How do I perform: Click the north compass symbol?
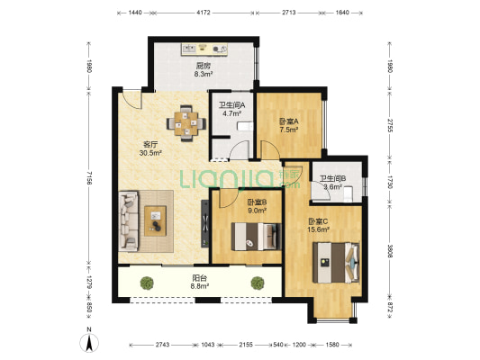(89, 343)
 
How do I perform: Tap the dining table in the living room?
(186, 123)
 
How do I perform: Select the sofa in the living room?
(128, 221)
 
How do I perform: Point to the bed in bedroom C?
(336, 263)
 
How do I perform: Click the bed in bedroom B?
(256, 237)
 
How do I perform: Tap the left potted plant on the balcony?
(147, 283)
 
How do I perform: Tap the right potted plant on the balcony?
(258, 283)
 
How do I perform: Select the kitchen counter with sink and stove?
(204, 49)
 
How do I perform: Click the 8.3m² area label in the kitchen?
(204, 74)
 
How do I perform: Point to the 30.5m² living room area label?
(150, 153)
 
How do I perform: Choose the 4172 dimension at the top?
(204, 13)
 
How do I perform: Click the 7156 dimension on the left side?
(89, 177)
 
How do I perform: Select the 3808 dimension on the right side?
(389, 251)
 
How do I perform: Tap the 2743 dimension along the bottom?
(162, 345)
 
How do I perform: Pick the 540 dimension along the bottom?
(277, 345)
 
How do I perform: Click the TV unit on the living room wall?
(205, 223)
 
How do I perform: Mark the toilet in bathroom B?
(349, 194)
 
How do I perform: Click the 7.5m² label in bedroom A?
(289, 130)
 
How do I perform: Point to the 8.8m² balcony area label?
(200, 286)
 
